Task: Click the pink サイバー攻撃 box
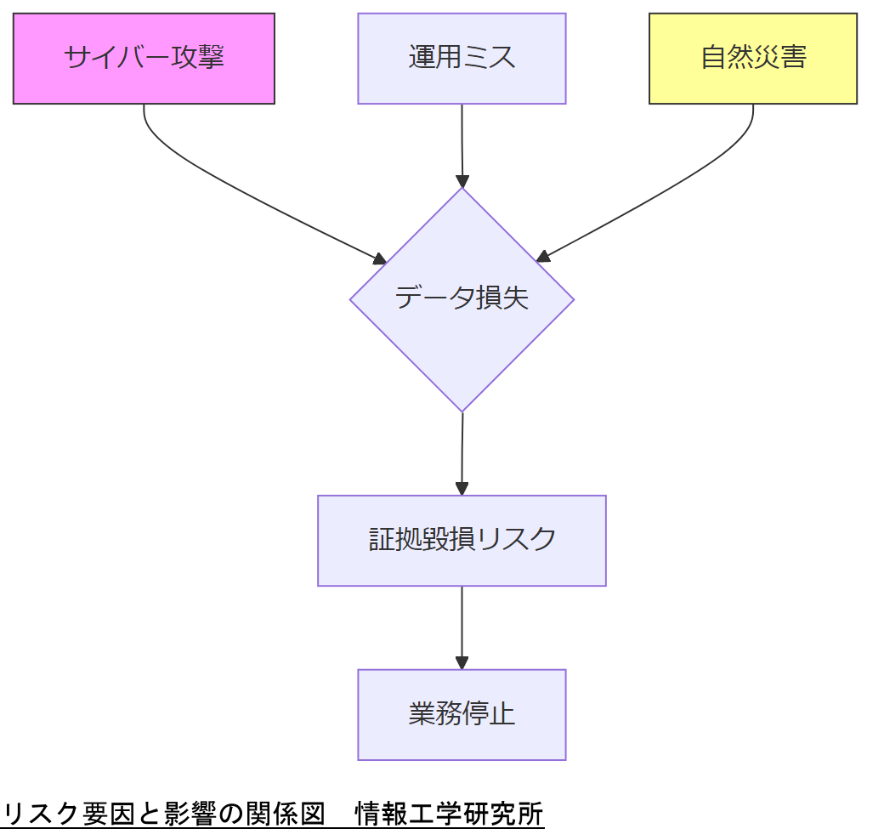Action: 144,59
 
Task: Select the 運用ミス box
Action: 462,59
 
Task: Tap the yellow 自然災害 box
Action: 752,59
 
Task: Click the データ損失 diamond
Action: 462,299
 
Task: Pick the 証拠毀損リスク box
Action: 462,541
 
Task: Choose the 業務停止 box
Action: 462,714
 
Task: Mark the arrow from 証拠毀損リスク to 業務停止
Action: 462,625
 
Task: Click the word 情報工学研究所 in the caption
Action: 449,814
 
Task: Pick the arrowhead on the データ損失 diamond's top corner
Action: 462,181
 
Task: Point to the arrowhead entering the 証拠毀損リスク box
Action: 462,489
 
